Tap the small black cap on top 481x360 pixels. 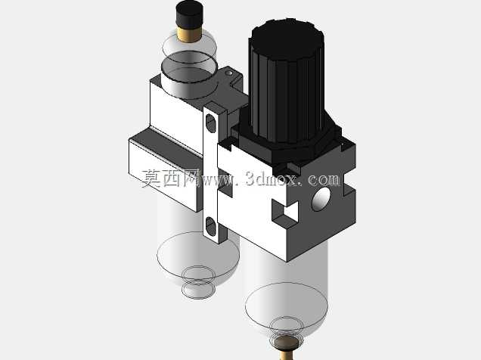tap(190, 14)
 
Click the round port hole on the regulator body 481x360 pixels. tap(321, 199)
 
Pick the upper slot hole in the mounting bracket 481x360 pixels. tap(211, 123)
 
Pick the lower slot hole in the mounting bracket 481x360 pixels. tap(211, 225)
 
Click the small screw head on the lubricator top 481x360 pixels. tap(228, 73)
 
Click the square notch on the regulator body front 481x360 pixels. tap(284, 212)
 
